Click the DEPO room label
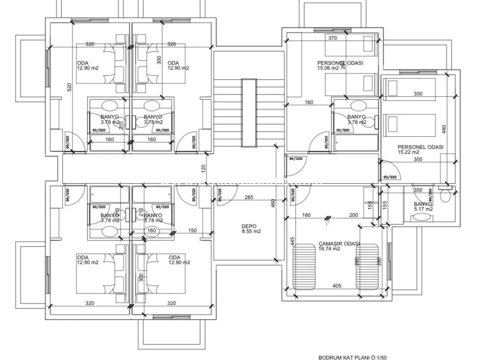tap(249, 226)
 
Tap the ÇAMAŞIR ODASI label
tap(339, 244)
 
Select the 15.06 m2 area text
tap(328, 68)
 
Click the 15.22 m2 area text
tap(408, 152)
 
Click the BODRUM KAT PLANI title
tap(352, 358)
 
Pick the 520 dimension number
tap(70, 87)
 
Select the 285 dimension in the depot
tap(249, 197)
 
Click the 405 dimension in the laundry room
tap(336, 286)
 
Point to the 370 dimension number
tap(333, 38)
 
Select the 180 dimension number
tap(309, 103)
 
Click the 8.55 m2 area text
tap(251, 231)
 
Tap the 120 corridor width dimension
tap(204, 169)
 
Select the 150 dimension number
tap(192, 230)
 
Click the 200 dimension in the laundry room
tap(354, 215)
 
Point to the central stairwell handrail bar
tap(249, 113)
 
